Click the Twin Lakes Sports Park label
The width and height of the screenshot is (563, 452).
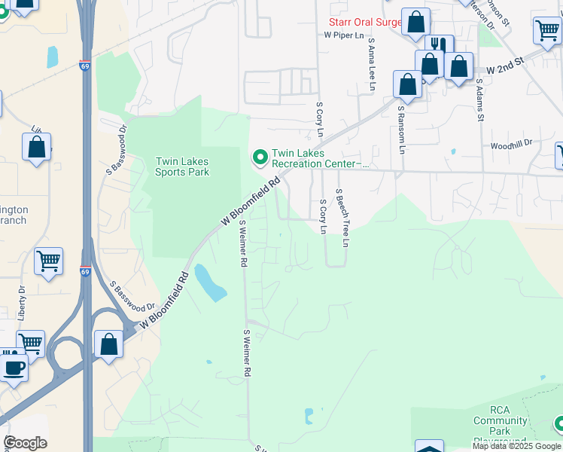[181, 166]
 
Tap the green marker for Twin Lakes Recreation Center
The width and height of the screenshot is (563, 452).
[260, 157]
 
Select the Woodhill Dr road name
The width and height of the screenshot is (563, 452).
[510, 142]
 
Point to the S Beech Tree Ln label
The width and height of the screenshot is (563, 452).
[342, 218]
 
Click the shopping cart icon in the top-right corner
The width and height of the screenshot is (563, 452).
[546, 31]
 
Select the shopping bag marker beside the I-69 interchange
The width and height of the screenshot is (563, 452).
[108, 345]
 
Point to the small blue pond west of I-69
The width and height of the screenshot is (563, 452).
[52, 56]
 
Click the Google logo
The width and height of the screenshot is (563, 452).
[25, 443]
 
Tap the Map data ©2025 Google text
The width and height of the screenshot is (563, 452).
[516, 446]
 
